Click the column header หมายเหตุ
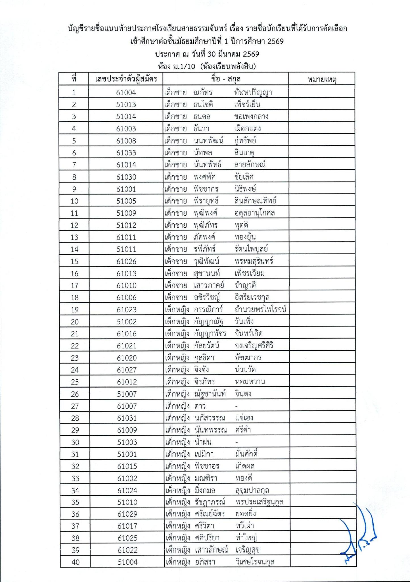coord(322,79)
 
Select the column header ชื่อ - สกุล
coord(226,79)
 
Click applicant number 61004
coord(126,92)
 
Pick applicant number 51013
coord(126,105)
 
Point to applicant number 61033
coord(126,153)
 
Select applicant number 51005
coord(126,201)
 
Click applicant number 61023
coord(127,310)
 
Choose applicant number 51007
coord(127,394)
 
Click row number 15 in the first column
coord(74,261)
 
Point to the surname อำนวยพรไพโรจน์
coord(261,309)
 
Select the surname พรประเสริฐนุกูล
coord(259,502)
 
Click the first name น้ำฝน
coord(203,442)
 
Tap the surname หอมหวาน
coord(250,382)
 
